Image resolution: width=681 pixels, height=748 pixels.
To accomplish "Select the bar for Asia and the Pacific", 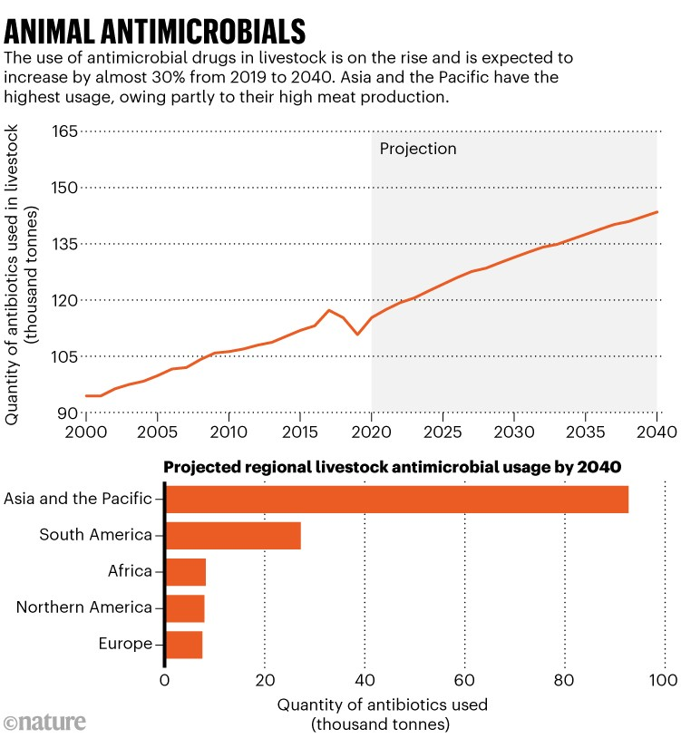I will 396,500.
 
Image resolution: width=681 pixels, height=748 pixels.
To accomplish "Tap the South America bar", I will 232,536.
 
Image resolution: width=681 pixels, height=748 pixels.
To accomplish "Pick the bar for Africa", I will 185,572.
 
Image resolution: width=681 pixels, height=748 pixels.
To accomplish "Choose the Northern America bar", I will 184,608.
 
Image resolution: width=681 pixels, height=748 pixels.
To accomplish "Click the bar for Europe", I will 183,645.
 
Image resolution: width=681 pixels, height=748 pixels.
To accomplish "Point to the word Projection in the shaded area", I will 418,149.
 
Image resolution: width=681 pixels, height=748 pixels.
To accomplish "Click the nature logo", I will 45,723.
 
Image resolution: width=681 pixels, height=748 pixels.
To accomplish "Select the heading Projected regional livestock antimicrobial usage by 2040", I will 391,468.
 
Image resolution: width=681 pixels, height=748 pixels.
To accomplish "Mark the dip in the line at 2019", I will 357,335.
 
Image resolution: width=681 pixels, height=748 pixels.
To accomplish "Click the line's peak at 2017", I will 329,310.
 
